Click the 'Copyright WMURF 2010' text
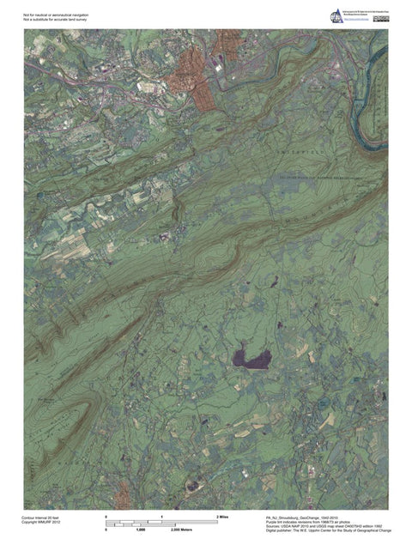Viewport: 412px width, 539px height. [x=41, y=523]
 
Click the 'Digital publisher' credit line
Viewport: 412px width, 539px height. [x=327, y=532]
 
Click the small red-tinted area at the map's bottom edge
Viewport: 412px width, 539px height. [x=123, y=494]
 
